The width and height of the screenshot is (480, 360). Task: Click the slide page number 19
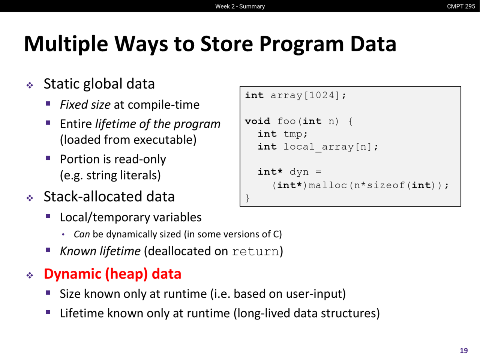[464, 350]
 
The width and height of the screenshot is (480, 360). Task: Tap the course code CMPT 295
[461, 6]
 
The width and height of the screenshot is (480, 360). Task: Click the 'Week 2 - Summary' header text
[240, 6]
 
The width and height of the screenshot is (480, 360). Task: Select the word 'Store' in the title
[226, 44]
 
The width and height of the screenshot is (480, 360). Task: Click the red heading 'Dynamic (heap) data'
[112, 274]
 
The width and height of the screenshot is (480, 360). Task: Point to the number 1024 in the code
[322, 95]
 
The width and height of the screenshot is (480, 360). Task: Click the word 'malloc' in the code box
[328, 185]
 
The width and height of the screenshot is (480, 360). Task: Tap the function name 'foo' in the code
[286, 121]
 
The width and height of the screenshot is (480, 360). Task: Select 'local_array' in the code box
[319, 147]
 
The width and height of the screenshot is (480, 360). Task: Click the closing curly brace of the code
[247, 198]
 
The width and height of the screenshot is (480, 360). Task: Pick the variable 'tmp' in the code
[293, 134]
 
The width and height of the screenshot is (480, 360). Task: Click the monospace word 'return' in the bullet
[256, 251]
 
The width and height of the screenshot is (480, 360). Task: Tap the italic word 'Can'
[82, 234]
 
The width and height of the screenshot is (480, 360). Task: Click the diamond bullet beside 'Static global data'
[30, 85]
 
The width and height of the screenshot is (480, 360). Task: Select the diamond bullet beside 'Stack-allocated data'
[30, 198]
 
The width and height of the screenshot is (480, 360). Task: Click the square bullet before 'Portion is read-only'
[48, 158]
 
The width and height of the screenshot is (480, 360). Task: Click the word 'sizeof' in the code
[386, 185]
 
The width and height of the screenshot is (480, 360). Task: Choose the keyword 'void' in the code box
[258, 121]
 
